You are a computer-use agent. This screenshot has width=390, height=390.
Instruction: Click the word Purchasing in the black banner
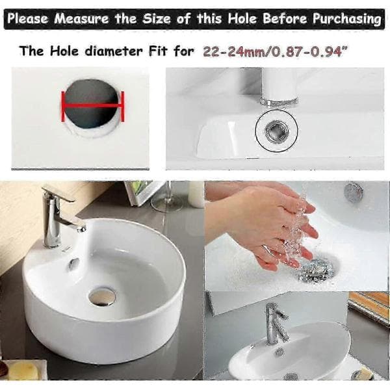tap(346, 19)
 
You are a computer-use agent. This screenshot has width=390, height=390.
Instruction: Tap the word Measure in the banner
tap(81, 19)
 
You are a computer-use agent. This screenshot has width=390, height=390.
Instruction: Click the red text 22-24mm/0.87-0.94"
tap(275, 52)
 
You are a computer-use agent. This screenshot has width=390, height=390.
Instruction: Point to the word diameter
tap(114, 51)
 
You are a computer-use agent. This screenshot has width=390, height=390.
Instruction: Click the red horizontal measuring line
tap(92, 106)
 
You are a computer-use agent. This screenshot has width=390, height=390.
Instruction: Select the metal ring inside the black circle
tap(276, 131)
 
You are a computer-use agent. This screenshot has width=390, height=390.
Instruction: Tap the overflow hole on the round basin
tap(73, 264)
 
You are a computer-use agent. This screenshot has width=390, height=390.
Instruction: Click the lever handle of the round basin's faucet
tap(58, 194)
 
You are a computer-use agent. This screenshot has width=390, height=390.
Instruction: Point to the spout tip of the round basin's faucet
tap(82, 228)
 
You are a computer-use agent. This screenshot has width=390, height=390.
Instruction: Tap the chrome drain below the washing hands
tap(317, 270)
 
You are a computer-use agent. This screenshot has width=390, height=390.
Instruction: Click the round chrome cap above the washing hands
tap(354, 191)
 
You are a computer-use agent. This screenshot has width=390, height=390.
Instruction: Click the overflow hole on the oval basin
tap(279, 352)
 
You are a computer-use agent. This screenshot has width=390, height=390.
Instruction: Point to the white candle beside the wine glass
tap(196, 194)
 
